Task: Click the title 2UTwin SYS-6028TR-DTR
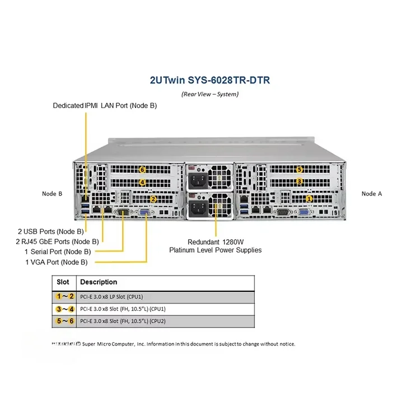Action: [x=209, y=80]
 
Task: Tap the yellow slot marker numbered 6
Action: [x=142, y=170]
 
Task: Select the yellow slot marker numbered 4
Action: [x=142, y=182]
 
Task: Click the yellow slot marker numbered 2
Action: [x=153, y=198]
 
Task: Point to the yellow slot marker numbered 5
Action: [x=300, y=169]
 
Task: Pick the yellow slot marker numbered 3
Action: [x=300, y=181]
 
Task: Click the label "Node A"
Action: [x=372, y=194]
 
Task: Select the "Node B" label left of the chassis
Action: [x=52, y=194]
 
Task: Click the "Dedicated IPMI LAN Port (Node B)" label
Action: [x=105, y=105]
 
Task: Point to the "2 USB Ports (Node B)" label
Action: [x=50, y=231]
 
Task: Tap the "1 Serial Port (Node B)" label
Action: [x=57, y=251]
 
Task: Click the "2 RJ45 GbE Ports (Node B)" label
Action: [x=58, y=241]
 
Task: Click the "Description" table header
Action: [x=99, y=282]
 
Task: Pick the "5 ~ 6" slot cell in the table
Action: [x=65, y=321]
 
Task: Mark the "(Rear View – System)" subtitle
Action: [x=210, y=94]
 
